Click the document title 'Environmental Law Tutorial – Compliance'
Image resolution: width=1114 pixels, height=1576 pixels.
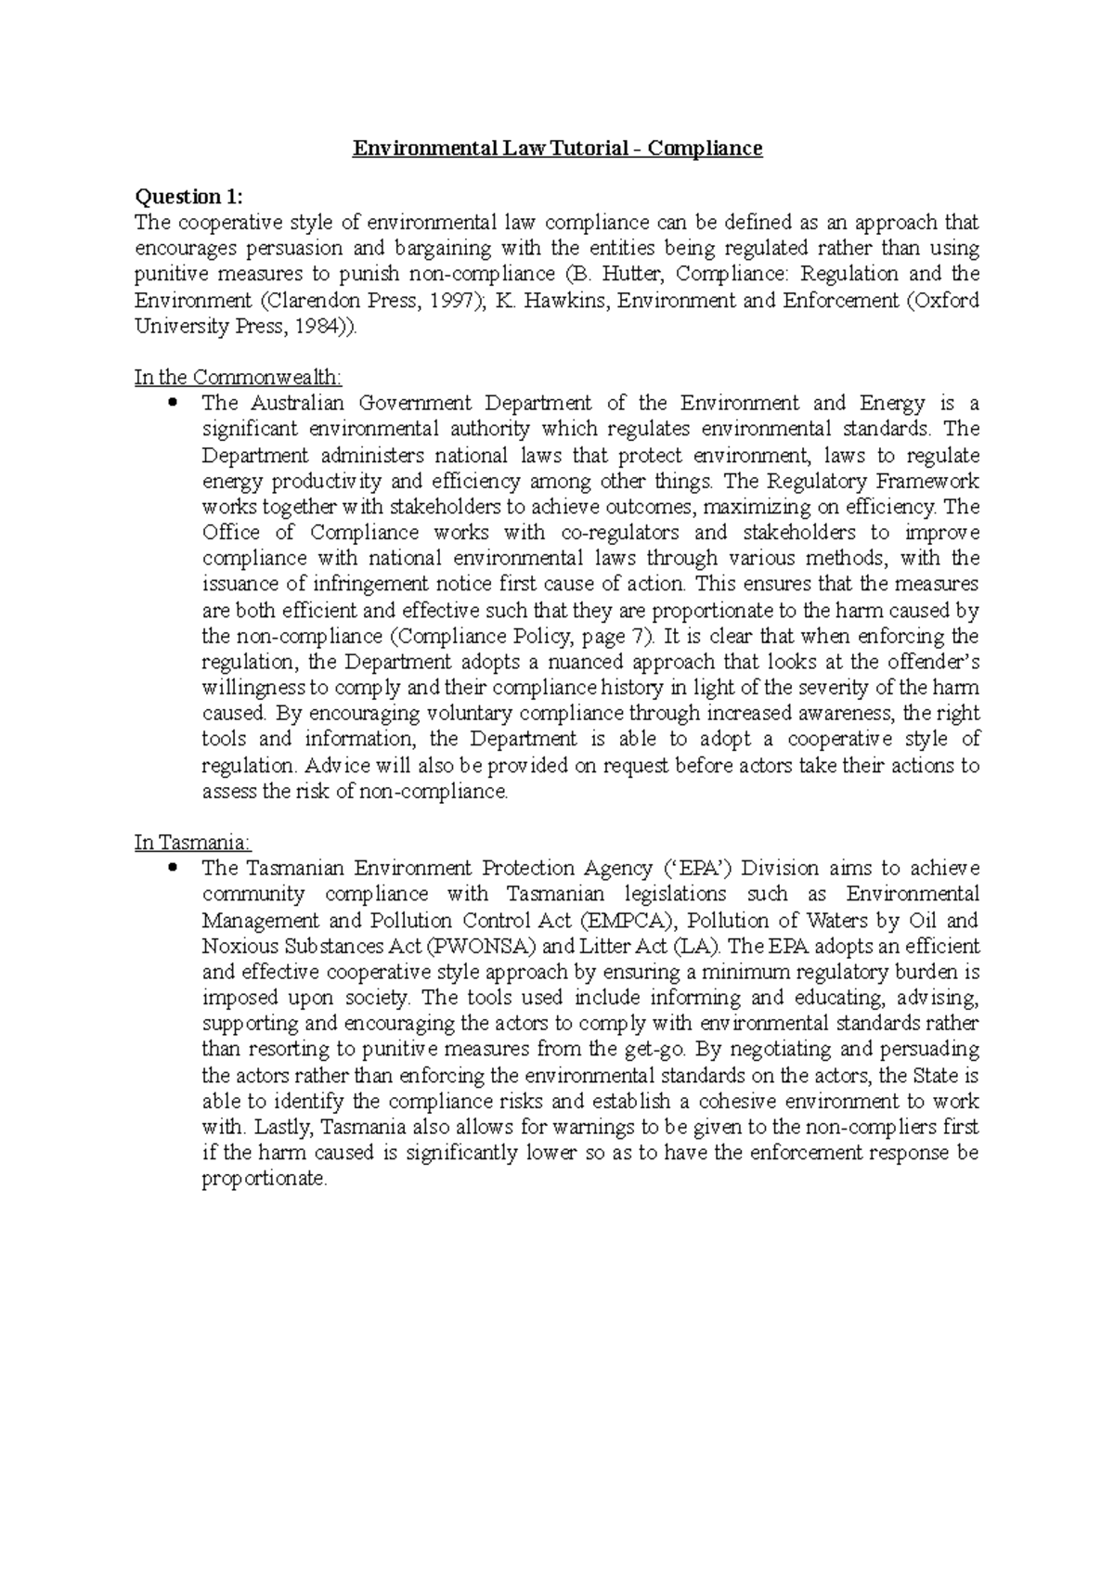(x=557, y=149)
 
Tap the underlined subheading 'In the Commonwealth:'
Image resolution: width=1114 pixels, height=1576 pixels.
(x=238, y=377)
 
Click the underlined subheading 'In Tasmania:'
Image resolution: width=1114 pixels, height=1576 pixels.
(x=192, y=843)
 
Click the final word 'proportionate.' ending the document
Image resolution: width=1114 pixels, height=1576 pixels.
(x=265, y=1180)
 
